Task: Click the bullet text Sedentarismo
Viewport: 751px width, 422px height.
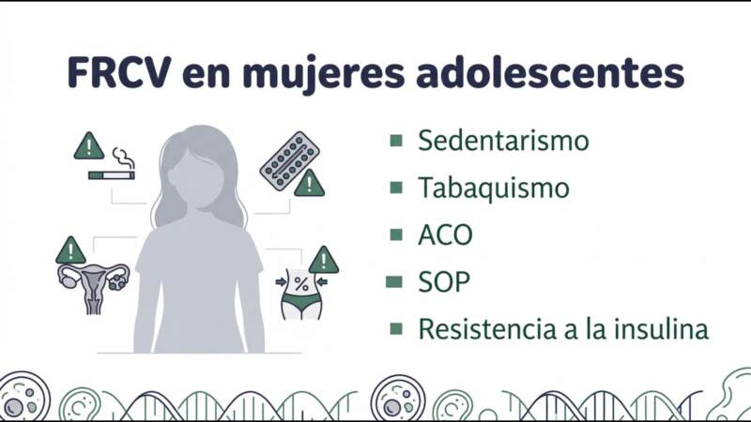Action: pos(503,141)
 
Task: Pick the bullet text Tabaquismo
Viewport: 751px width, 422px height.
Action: pos(494,188)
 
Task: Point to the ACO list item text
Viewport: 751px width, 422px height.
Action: pos(445,234)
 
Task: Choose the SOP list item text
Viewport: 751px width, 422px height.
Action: pos(444,281)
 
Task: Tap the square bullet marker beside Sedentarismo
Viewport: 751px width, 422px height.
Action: pos(396,141)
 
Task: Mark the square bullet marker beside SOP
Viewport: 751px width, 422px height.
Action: pos(396,281)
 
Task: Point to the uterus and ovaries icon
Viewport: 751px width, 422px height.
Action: pos(93,286)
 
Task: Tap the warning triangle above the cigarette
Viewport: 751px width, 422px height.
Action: pos(88,146)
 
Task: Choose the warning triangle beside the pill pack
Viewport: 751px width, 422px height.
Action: pos(309,184)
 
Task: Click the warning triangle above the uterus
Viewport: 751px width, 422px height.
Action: pos(70,251)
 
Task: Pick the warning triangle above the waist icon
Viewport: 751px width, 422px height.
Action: pos(324,260)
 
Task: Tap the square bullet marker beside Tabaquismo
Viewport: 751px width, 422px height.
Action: pos(396,188)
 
